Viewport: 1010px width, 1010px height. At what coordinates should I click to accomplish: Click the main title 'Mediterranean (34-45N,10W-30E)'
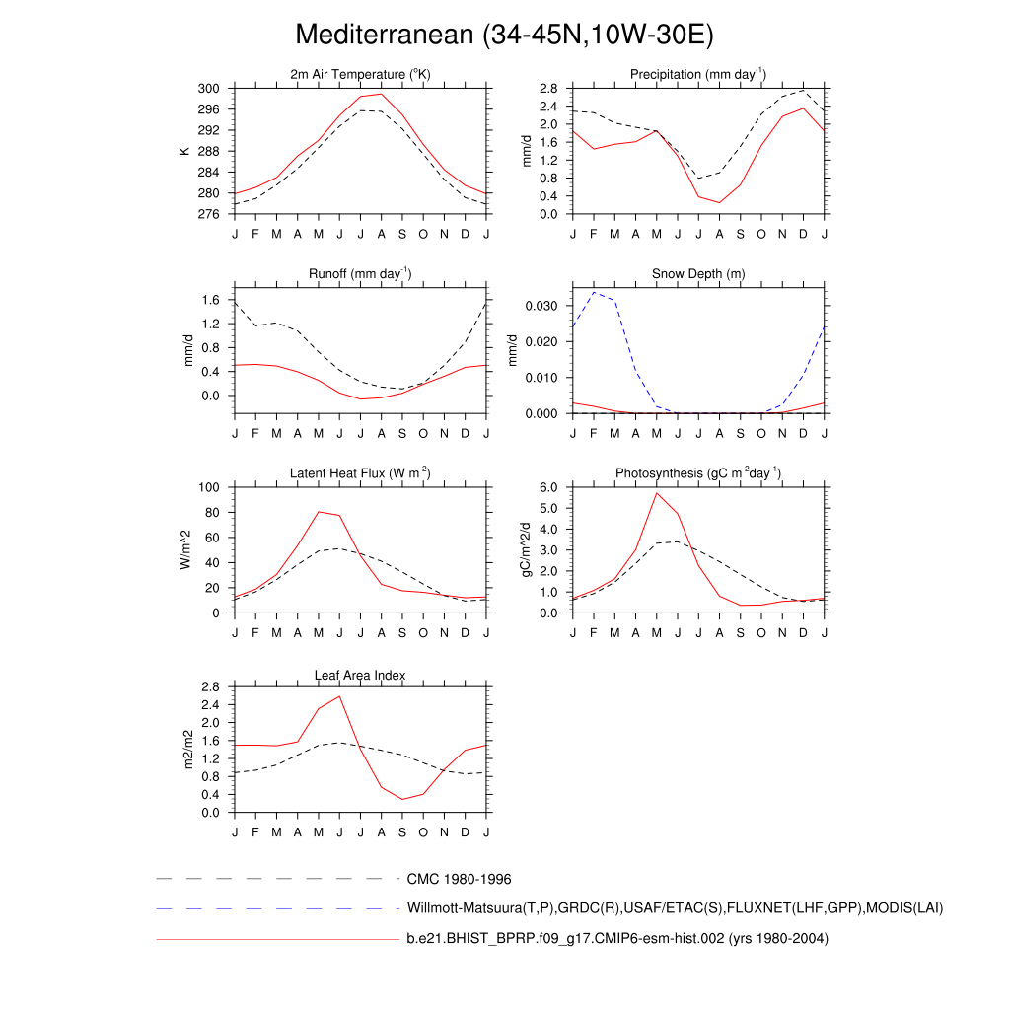click(504, 36)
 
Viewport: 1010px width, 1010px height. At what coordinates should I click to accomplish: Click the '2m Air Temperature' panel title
click(360, 74)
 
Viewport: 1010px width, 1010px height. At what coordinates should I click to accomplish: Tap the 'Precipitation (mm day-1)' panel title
click(698, 74)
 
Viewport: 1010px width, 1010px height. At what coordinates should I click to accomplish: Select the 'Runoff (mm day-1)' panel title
click(360, 273)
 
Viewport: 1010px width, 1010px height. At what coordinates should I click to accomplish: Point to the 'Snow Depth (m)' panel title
click(698, 273)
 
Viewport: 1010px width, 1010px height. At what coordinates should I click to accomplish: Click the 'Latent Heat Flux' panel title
click(360, 473)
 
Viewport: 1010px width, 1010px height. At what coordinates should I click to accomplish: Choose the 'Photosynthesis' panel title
click(698, 473)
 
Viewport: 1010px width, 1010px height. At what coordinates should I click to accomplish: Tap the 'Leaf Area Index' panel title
click(360, 675)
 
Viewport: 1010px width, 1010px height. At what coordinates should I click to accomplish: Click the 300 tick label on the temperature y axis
click(208, 89)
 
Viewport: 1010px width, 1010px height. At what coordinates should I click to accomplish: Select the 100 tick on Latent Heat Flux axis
click(208, 487)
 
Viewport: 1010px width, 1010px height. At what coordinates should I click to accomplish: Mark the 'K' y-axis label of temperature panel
click(183, 151)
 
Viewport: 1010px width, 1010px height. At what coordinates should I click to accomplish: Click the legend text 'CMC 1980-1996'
click(459, 879)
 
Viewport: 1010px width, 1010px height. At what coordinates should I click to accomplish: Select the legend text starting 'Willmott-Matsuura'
click(675, 907)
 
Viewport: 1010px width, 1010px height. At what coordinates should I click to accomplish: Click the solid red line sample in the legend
click(276, 939)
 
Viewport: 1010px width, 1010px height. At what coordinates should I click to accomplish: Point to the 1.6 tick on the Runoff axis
click(211, 300)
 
